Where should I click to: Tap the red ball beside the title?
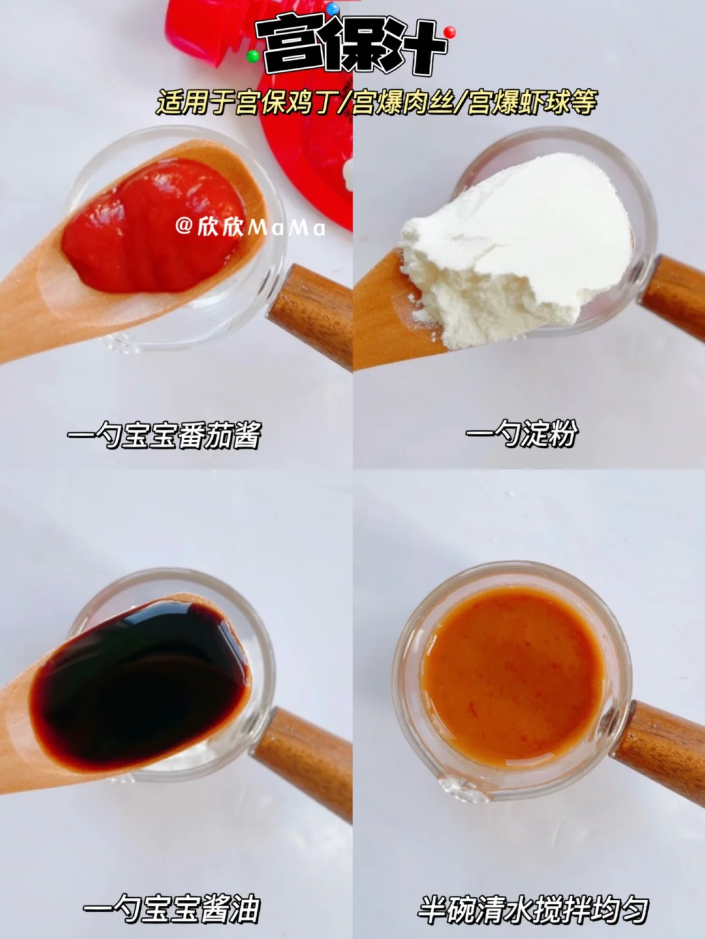pos(450,33)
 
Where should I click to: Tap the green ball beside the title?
pos(253,56)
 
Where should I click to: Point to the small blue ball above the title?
pos(332,7)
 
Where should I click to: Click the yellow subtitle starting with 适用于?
pos(377,102)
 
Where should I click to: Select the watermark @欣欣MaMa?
pos(251,227)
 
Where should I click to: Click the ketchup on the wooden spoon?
pos(154,224)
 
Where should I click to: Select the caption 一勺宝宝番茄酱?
pos(164,436)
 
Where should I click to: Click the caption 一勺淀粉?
pos(522,434)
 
